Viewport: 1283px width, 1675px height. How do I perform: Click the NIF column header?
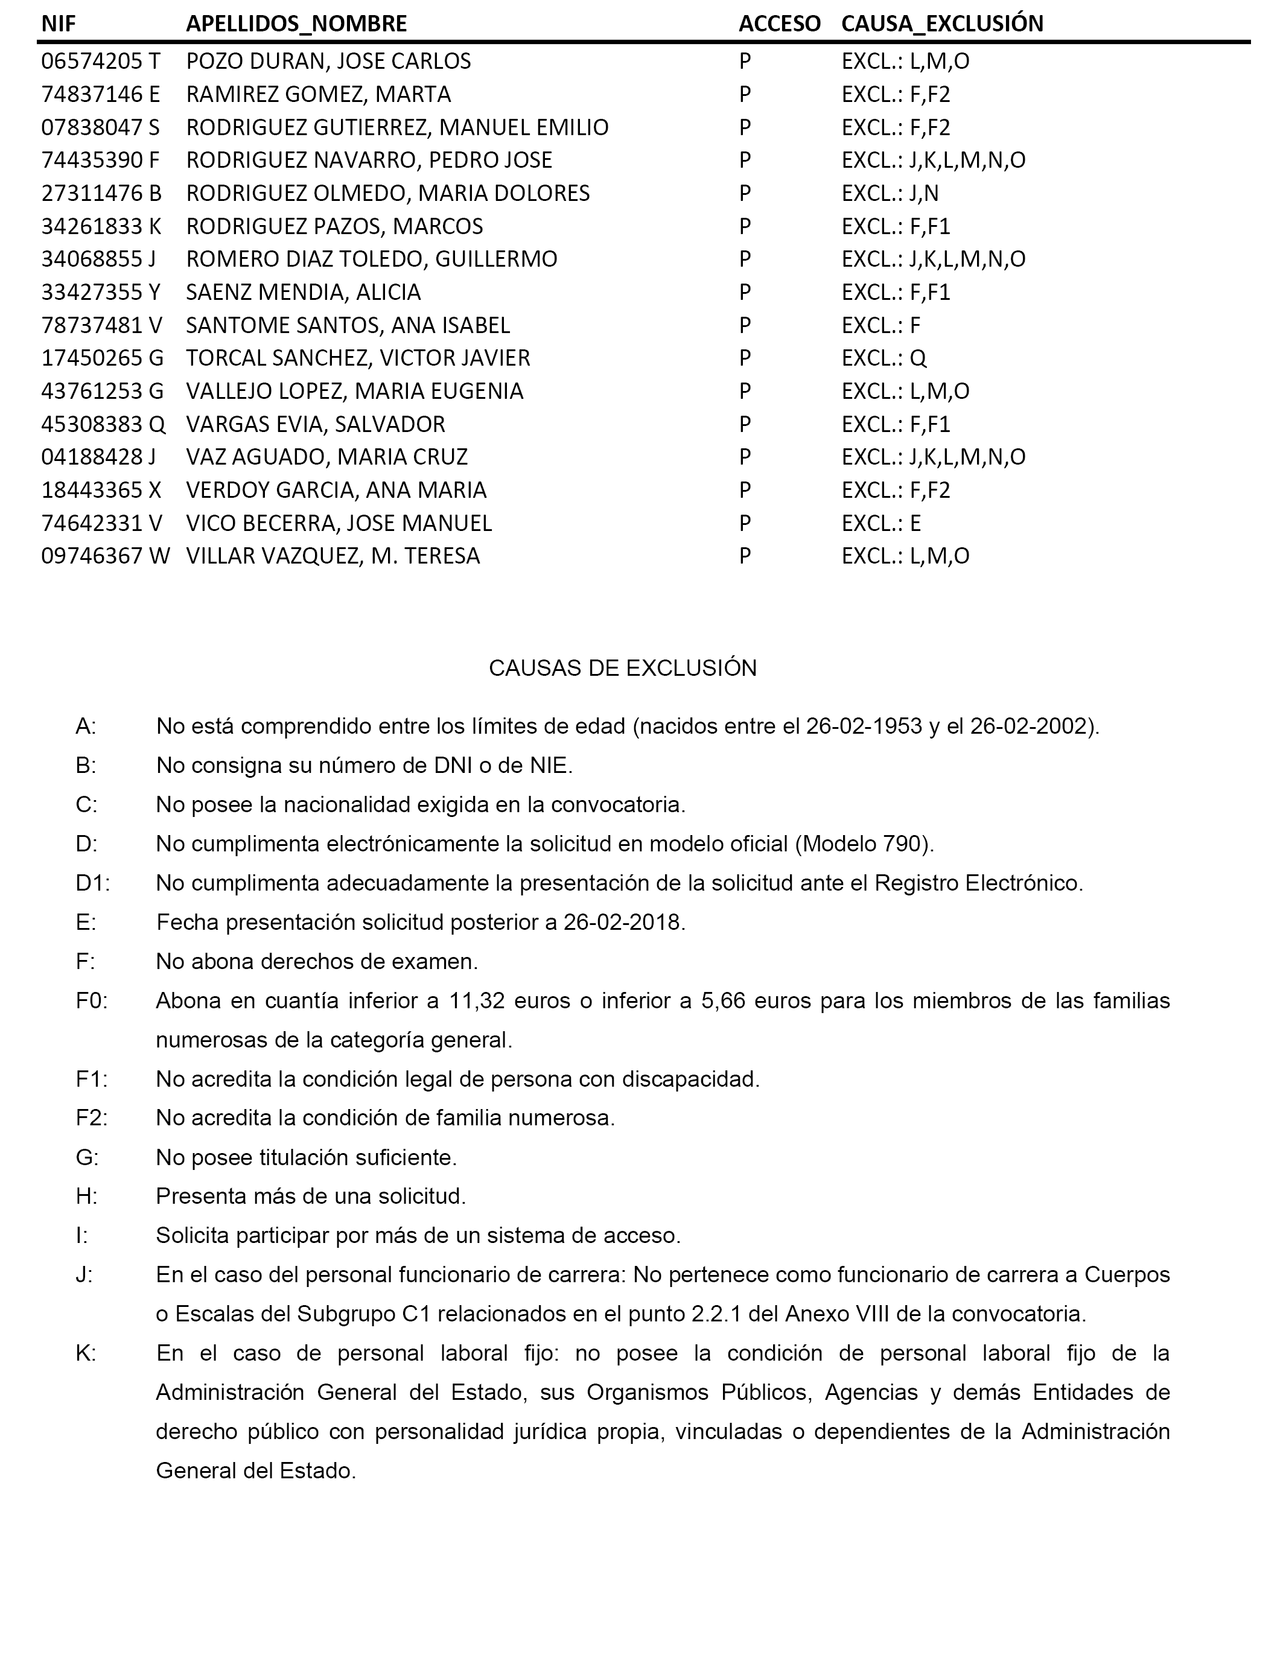(x=58, y=24)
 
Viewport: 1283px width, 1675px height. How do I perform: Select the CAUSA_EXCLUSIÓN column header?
(x=941, y=24)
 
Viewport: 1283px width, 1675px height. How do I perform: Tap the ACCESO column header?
(x=779, y=24)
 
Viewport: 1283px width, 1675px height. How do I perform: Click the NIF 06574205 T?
(x=101, y=61)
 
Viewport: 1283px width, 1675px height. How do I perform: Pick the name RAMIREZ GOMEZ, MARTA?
(x=319, y=94)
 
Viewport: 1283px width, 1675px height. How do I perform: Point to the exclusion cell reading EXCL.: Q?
(x=883, y=358)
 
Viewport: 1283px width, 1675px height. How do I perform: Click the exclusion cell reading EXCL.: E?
(x=881, y=523)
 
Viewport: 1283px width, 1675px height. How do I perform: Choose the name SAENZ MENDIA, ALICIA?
(x=303, y=293)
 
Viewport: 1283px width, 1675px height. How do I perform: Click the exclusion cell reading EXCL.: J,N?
(x=890, y=193)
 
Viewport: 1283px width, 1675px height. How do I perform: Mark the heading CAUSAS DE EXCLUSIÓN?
(x=622, y=668)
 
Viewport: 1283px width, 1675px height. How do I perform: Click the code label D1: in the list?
(x=92, y=883)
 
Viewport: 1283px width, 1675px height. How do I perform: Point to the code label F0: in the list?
(x=92, y=1001)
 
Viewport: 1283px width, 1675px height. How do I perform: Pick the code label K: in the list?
(x=86, y=1353)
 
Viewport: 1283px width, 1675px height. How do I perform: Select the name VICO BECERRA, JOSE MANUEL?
(x=339, y=523)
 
